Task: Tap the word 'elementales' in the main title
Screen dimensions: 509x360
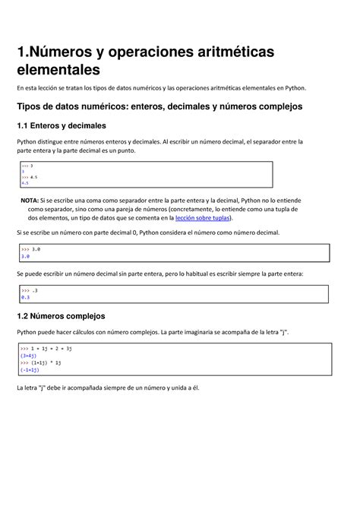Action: [60, 71]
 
